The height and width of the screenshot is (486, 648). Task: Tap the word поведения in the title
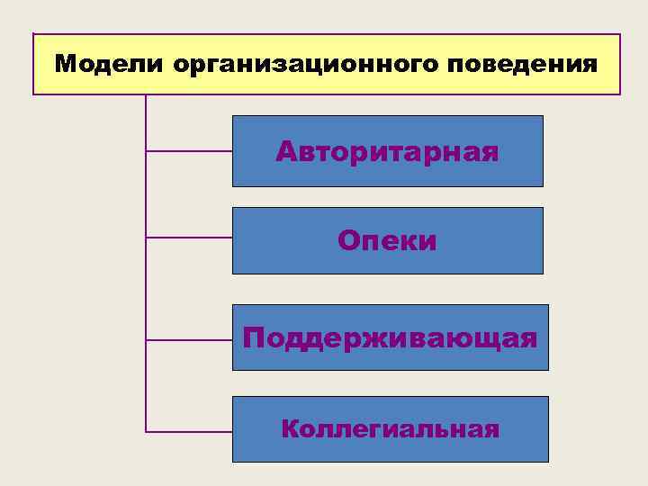tap(522, 65)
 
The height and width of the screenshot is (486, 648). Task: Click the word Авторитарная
tap(387, 150)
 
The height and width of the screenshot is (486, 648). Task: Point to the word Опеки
tap(387, 240)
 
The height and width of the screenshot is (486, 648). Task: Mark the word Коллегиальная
tap(390, 428)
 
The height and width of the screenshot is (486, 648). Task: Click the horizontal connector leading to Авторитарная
tap(189, 151)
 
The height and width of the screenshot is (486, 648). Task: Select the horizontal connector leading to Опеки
tap(189, 238)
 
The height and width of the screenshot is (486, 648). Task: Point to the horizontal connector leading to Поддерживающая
tap(189, 340)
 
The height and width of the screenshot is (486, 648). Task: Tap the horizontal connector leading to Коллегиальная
tap(189, 431)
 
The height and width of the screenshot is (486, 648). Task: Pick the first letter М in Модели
tap(65, 65)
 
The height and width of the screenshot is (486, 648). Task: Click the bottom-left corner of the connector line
tap(146, 431)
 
